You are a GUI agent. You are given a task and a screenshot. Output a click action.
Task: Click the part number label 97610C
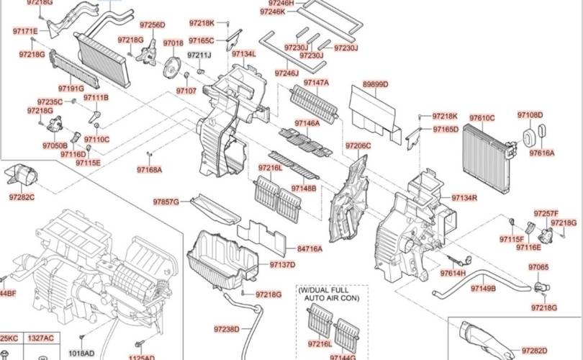pos(482,117)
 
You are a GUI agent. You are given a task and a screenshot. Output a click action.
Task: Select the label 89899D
pos(375,84)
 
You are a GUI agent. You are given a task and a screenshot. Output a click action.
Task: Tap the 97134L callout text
pos(243,54)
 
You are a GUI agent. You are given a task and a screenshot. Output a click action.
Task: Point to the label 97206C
pos(358,146)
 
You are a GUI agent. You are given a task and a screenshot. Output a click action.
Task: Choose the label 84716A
pos(309,249)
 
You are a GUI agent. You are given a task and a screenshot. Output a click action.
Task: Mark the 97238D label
pos(226,329)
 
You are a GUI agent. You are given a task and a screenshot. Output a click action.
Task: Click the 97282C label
pos(22,197)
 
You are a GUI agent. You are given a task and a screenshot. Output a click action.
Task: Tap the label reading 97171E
pos(25,32)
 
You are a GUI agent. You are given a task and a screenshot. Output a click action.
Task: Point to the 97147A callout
pos(316,83)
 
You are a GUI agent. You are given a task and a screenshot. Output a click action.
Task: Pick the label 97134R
pos(464,197)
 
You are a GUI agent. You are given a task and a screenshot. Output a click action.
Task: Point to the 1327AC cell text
pos(40,338)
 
